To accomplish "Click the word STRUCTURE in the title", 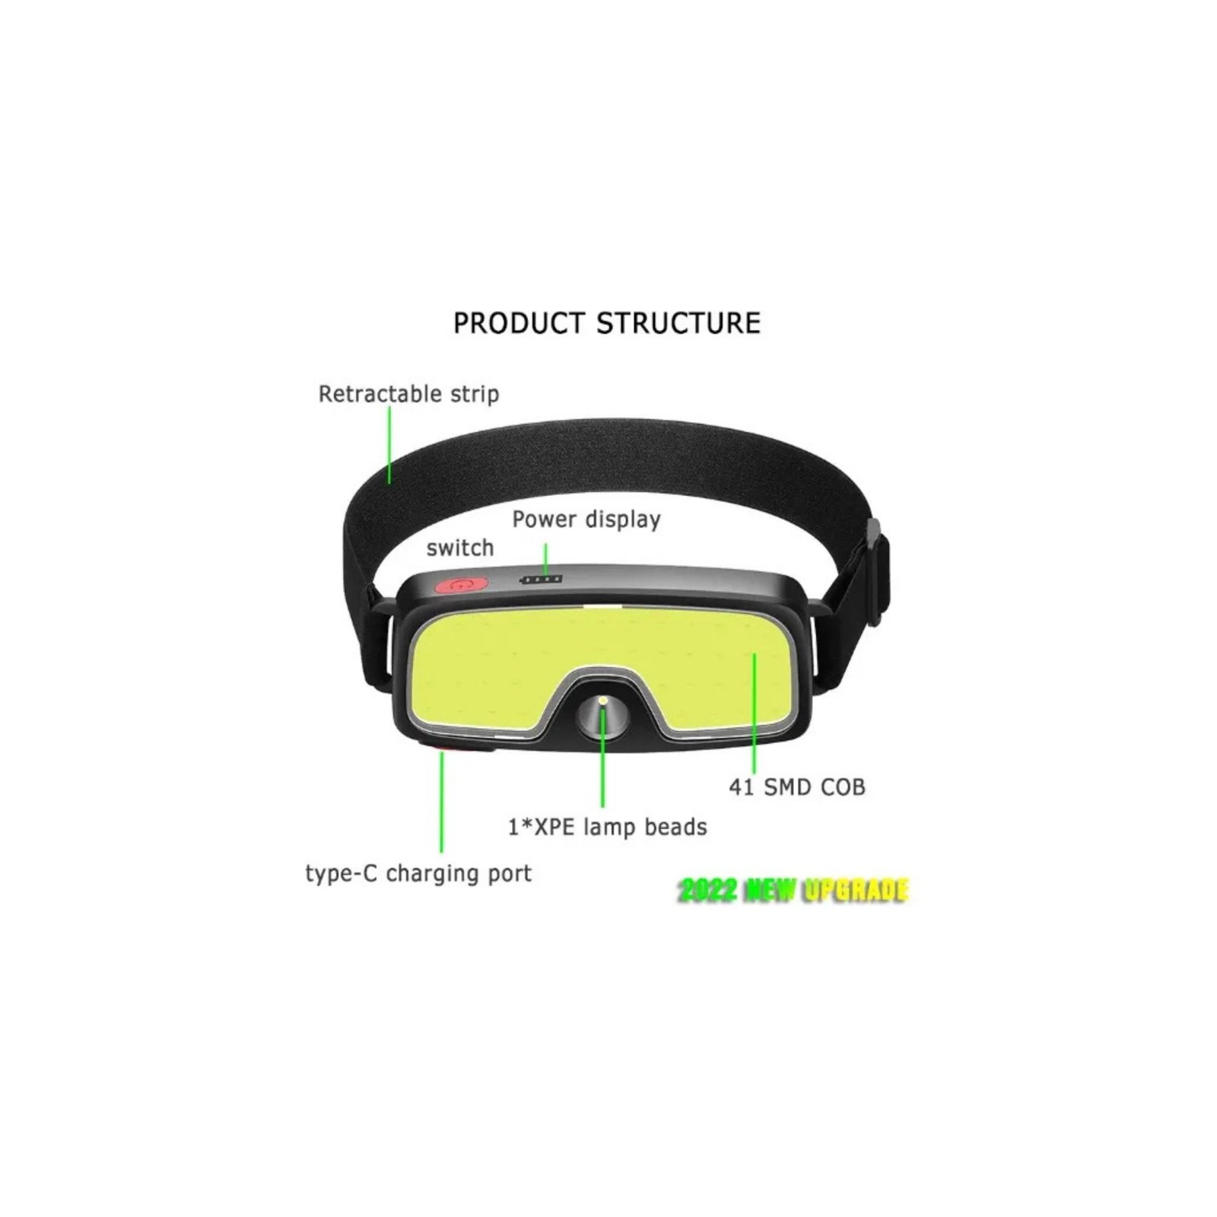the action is click(678, 323).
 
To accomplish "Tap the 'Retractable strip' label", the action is click(408, 395).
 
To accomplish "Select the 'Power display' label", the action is click(586, 520).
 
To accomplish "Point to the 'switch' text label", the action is click(460, 548).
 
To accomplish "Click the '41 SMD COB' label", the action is click(797, 787).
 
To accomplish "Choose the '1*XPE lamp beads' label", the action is click(608, 827).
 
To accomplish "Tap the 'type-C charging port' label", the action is click(418, 874).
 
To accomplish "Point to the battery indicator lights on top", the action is click(541, 580).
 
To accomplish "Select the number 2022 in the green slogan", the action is click(707, 891).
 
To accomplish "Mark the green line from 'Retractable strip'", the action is click(389, 445).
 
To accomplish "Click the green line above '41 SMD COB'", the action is click(755, 712).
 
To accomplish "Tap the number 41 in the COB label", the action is click(742, 787).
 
